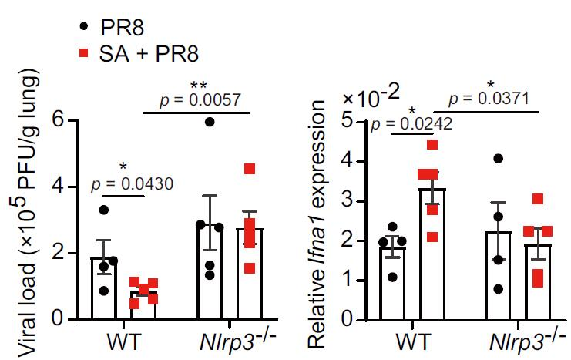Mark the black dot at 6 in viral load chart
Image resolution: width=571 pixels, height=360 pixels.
pos(210,121)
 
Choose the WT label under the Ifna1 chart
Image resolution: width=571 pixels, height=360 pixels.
pos(414,339)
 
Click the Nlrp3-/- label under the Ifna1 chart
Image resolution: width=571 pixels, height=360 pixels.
pos(519,339)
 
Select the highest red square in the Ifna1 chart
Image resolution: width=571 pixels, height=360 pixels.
pos(432,144)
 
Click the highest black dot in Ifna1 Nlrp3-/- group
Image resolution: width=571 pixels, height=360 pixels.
pos(499,159)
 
